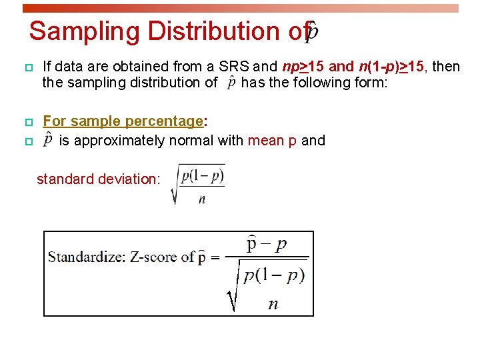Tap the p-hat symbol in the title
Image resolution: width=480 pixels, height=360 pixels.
click(x=311, y=31)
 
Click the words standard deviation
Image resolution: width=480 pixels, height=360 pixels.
click(x=98, y=179)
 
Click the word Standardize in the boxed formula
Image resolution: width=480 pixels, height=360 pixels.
click(x=85, y=257)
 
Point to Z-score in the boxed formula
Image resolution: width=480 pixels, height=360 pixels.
click(x=151, y=257)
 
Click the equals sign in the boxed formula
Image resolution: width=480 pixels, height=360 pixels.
click(x=215, y=257)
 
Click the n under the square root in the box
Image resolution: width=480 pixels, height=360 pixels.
click(x=273, y=304)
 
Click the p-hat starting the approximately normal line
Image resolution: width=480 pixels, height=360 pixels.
click(x=47, y=140)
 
